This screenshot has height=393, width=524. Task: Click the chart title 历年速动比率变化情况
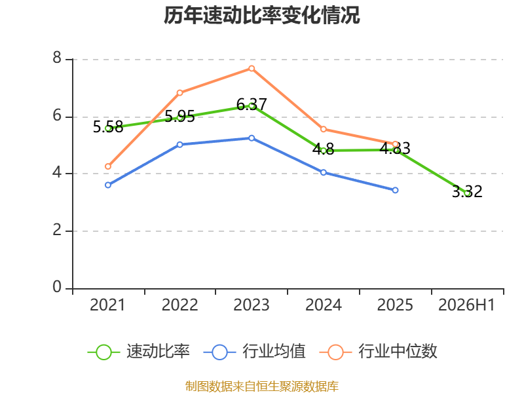point(261,15)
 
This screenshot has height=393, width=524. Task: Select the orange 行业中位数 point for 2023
point(252,69)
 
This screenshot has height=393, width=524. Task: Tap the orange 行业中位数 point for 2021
point(108,166)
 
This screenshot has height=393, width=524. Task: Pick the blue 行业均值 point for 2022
point(179,145)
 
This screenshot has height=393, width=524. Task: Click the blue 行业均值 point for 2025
point(396,190)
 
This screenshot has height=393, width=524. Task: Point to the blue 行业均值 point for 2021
point(108,185)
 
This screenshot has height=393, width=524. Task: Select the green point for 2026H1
point(467,193)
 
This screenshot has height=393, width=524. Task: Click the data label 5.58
point(108,127)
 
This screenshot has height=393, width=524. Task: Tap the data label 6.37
point(252,105)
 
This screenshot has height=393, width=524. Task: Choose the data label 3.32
point(467,191)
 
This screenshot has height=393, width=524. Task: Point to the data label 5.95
point(179,117)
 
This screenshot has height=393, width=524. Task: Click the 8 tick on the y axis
point(57,58)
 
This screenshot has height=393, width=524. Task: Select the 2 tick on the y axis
point(57,230)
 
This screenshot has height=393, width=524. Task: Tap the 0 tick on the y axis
point(57,287)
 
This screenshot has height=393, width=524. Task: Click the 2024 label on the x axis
point(324,305)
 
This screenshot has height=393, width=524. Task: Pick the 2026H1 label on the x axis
point(466,305)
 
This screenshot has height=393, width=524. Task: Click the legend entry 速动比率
point(139,352)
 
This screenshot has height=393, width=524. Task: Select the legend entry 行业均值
point(254,352)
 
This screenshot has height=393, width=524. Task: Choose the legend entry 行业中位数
point(379,352)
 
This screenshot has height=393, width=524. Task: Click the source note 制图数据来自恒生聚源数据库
point(261,386)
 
